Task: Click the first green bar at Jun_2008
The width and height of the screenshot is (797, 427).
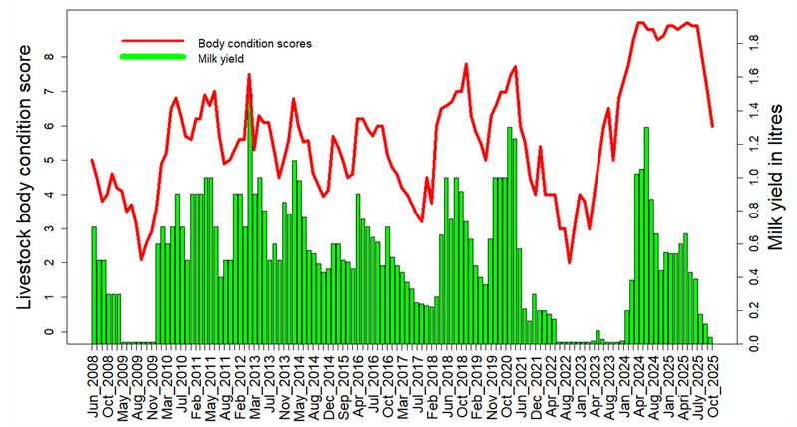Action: [x=94, y=284]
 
